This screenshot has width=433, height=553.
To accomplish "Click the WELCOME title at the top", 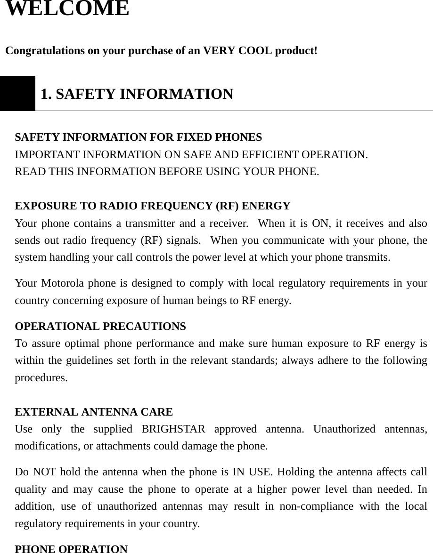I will pos(67,8).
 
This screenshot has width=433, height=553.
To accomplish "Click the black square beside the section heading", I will pos(17,93).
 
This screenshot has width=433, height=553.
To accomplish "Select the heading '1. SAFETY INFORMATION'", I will pos(137,94).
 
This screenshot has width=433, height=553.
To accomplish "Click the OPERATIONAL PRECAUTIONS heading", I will pos(100,326).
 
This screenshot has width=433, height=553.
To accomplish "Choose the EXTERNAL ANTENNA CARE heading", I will pos(94,412).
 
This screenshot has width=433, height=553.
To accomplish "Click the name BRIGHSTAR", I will pos(173,429).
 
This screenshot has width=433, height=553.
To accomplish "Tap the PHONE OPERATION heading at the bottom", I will pos(71,549).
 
